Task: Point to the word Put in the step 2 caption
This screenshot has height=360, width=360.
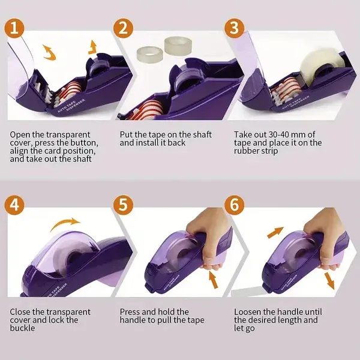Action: pyautogui.click(x=127, y=134)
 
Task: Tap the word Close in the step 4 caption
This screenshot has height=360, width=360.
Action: pyautogui.click(x=22, y=312)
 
